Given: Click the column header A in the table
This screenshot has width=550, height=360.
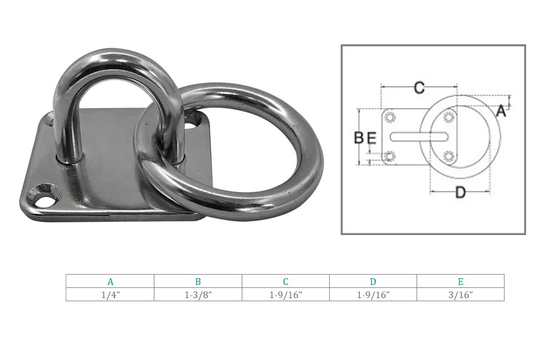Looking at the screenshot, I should coord(110,281).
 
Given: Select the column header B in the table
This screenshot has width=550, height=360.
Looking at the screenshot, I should coord(198,281).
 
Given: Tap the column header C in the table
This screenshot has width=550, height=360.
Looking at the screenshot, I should coord(286,281).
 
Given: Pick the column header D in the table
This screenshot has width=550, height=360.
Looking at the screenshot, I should coord(373,281).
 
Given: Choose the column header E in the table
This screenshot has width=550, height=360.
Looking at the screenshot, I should coord(461,281).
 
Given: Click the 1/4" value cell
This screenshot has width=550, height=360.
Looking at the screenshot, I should coord(110,295).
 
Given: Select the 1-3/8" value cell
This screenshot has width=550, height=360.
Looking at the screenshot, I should coord(198,295).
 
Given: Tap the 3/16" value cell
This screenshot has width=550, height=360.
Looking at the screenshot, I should coord(461,295).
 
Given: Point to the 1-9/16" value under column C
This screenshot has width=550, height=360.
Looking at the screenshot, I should coord(286,295).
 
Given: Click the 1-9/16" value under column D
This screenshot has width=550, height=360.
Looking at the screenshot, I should coord(373,295).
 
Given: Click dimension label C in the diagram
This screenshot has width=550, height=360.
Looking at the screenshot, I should coord(419,88).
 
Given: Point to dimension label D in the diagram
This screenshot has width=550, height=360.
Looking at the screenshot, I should coord(461,193).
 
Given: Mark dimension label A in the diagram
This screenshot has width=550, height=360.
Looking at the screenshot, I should coord(501,110).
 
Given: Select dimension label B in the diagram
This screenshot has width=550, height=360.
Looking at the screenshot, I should coord(359,137).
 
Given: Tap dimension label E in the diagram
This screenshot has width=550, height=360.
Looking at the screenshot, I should coord(372,138).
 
